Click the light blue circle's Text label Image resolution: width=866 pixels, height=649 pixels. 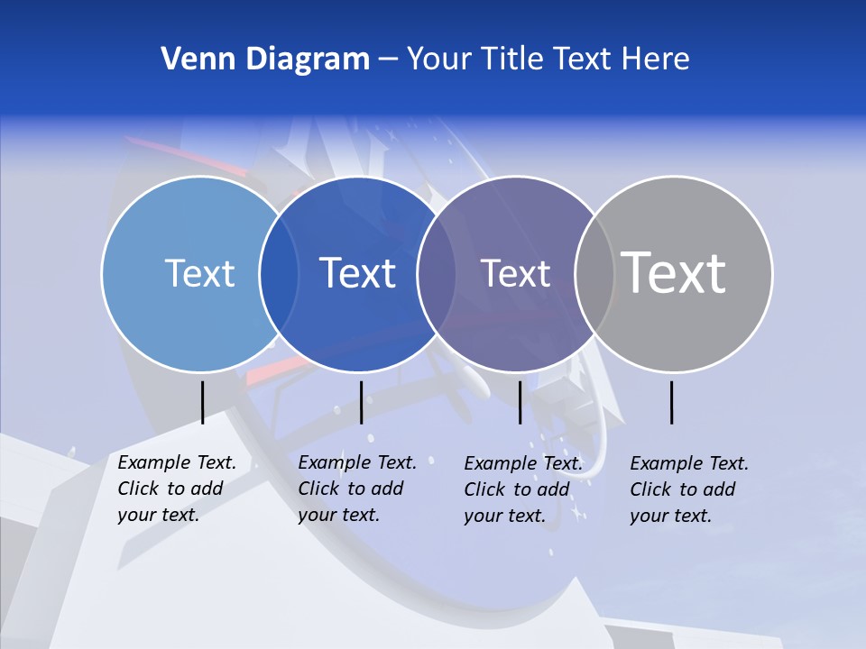click(x=199, y=273)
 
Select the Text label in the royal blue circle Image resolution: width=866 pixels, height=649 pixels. click(x=358, y=273)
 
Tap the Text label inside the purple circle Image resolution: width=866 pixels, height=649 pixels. click(x=515, y=273)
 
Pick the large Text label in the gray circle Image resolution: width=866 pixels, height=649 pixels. click(x=674, y=272)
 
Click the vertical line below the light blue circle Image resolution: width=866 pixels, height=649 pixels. click(x=202, y=402)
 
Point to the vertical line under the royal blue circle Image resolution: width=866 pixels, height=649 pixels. click(x=361, y=402)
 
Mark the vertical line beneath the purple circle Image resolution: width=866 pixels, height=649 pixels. click(x=520, y=402)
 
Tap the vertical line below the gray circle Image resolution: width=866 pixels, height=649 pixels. click(x=671, y=402)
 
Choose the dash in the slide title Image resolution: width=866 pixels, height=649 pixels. click(x=388, y=59)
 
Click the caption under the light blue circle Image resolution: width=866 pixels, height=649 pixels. click(x=177, y=489)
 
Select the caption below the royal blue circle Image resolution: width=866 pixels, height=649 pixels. click(x=357, y=489)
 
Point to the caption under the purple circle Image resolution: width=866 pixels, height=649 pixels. click(x=523, y=489)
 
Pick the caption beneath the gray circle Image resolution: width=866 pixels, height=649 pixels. click(x=689, y=489)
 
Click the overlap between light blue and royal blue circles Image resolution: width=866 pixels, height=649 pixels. click(x=279, y=273)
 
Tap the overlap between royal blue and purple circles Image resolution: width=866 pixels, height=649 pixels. click(x=438, y=273)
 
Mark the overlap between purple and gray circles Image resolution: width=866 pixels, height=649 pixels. click(x=594, y=273)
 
